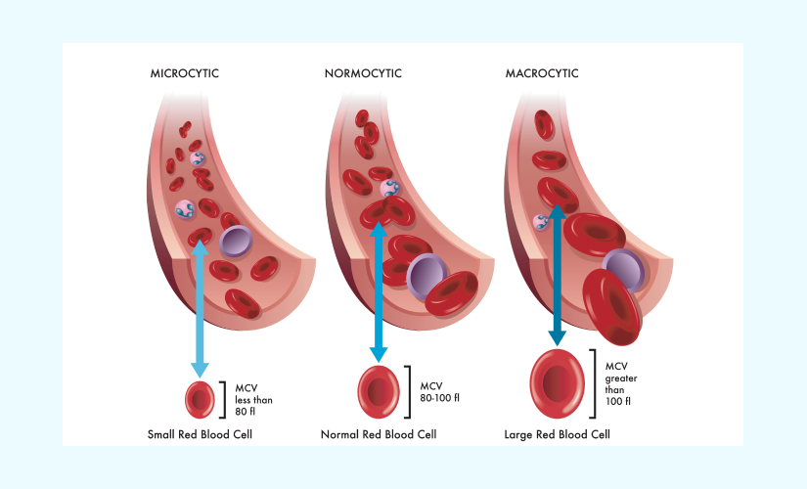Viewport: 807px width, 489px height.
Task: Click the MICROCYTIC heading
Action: click(184, 73)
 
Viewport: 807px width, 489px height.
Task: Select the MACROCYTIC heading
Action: click(542, 73)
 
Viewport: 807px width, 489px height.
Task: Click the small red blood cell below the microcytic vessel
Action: click(200, 398)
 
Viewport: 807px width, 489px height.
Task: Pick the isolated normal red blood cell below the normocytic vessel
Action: click(378, 388)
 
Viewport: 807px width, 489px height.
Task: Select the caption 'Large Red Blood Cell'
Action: click(558, 433)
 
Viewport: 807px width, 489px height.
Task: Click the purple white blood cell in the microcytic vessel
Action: click(236, 241)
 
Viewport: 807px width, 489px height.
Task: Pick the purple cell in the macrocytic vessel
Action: click(620, 265)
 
